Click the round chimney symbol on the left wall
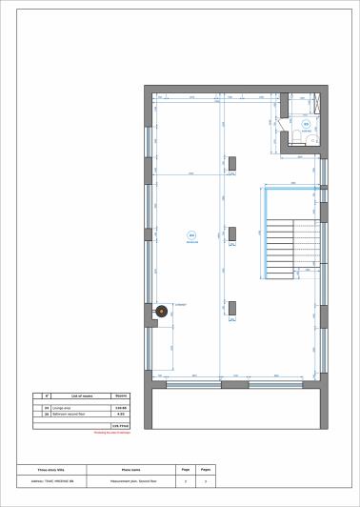(x=161, y=312)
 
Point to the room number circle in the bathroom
(x=306, y=124)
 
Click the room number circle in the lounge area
(x=190, y=234)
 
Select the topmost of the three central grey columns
(x=232, y=164)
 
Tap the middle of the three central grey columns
(x=232, y=234)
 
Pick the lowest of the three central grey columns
(x=232, y=306)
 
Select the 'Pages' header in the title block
(x=205, y=470)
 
